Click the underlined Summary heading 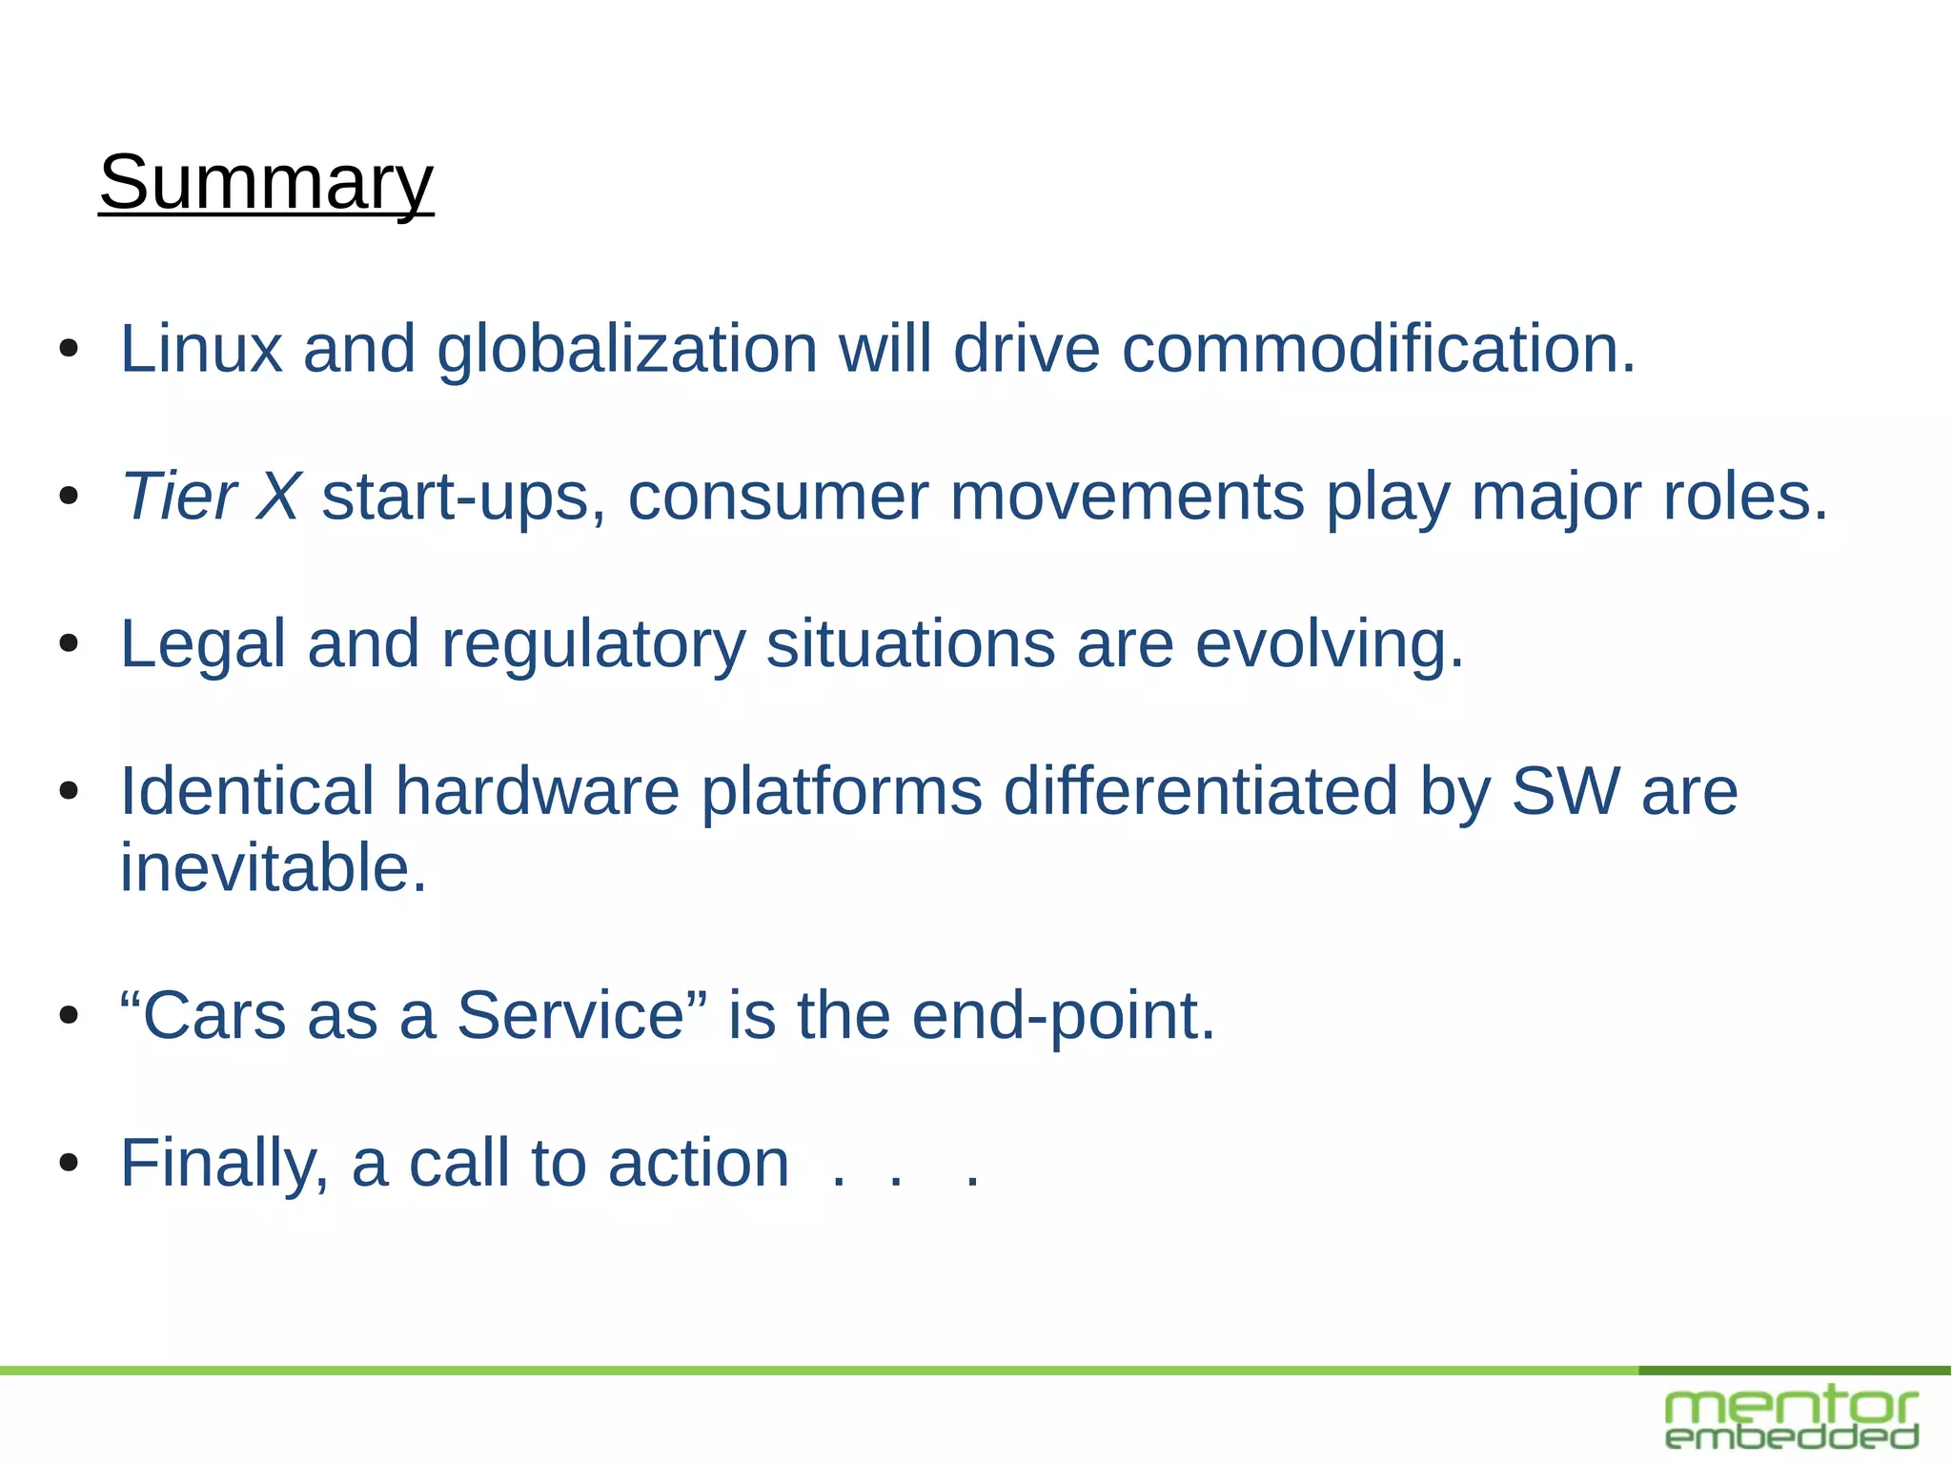[x=266, y=182]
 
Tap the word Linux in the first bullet [x=201, y=349]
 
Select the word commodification [x=1378, y=349]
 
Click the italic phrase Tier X [x=211, y=497]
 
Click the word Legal [x=203, y=644]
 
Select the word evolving [x=1329, y=644]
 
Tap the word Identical [x=247, y=792]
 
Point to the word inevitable [x=273, y=868]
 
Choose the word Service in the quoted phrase [x=570, y=1016]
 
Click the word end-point [x=1063, y=1016]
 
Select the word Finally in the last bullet [x=224, y=1164]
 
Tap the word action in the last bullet [x=699, y=1164]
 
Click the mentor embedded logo [x=1792, y=1418]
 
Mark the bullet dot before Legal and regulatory [x=68, y=644]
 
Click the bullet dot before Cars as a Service [x=68, y=1016]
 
